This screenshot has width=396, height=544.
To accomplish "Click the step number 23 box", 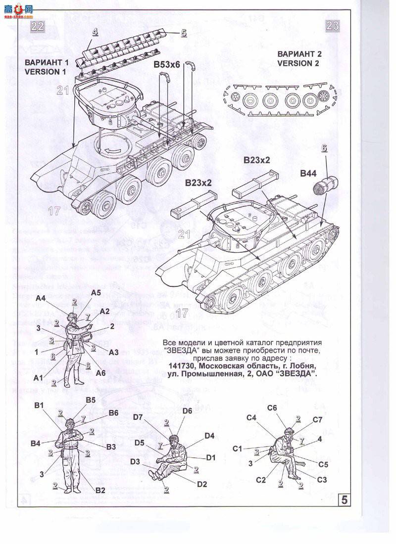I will coord(333,26).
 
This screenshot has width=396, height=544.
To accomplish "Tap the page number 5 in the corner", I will coord(345,500).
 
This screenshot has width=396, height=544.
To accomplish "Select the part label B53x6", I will coord(167,64).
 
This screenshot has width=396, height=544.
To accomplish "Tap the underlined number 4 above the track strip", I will coord(95,32).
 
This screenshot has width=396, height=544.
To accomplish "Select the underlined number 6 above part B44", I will coord(324,147).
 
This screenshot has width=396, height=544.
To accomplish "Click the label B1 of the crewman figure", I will coord(40,406).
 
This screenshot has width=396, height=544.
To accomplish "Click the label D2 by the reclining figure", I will coord(201,484).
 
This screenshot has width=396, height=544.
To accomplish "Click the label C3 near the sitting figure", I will coord(322,480).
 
